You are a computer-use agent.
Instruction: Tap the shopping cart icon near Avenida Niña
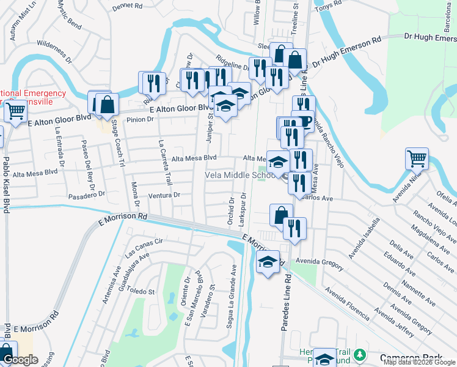click(417, 159)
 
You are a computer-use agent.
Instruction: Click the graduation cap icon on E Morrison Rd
click(268, 262)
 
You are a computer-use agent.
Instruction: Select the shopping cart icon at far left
click(15, 111)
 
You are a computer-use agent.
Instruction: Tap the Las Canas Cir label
click(144, 247)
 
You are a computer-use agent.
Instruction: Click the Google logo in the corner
click(21, 360)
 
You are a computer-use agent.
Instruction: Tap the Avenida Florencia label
click(346, 303)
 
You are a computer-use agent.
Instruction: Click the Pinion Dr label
click(139, 119)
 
